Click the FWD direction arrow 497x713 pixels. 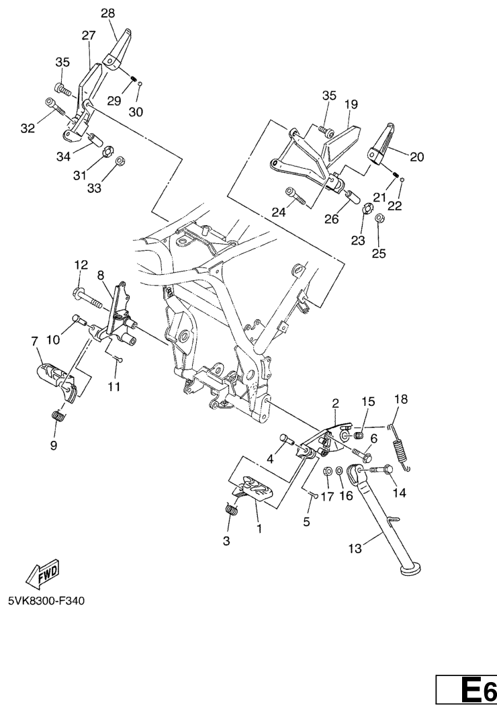tap(43, 573)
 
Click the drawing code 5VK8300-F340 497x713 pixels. tap(46, 601)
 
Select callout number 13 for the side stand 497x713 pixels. tap(355, 548)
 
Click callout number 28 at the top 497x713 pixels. tap(109, 13)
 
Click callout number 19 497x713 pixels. tap(351, 105)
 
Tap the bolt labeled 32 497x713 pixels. tap(56, 107)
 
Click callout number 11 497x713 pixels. tap(114, 387)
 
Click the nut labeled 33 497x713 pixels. tap(120, 161)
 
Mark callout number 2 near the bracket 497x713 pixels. tap(336, 403)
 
